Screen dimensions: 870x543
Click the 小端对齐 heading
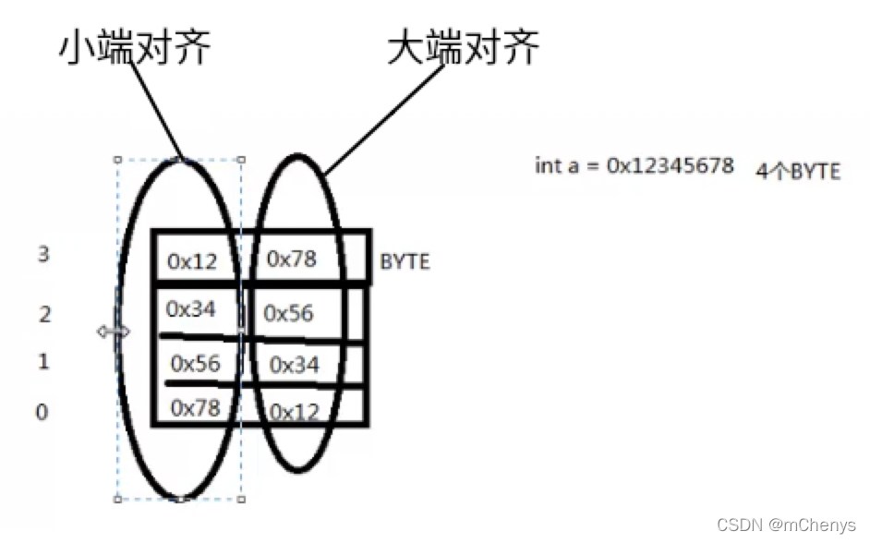coord(135,49)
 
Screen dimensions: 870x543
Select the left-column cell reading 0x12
coord(192,261)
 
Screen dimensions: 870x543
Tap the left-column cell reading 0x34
coord(192,309)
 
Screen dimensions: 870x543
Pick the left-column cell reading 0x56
coord(196,362)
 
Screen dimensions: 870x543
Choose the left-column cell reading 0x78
coord(196,406)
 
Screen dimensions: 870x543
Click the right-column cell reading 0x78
coord(292,259)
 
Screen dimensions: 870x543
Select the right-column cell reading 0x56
coord(289,313)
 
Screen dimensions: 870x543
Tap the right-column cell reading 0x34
coord(294,366)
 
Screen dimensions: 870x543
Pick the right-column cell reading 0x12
coord(294,412)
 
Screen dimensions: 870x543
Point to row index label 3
coord(42,255)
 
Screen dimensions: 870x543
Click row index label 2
coord(43,314)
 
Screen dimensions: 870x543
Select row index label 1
coord(42,362)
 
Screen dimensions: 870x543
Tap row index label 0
coord(42,412)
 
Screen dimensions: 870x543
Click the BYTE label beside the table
coord(405,262)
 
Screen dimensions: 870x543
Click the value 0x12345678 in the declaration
coord(670,166)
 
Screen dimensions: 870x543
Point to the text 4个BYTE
coord(798,172)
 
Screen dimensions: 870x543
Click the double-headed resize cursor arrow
coord(114,331)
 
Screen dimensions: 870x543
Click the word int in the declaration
coord(548,166)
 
